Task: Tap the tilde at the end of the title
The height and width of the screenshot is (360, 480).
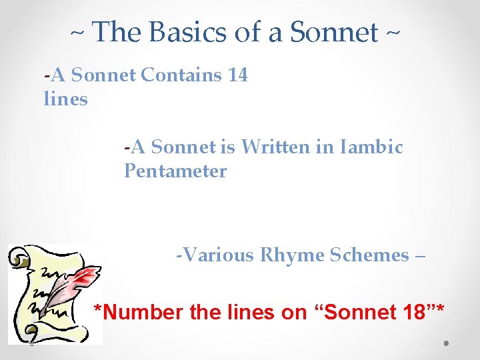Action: coord(392,31)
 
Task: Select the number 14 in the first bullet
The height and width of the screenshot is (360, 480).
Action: coord(237,75)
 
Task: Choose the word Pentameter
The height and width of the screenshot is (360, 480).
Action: coord(175,171)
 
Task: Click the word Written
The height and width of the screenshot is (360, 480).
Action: coord(273,147)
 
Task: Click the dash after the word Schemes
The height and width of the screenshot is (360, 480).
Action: coord(419,255)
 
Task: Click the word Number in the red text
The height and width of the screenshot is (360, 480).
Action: coord(145,311)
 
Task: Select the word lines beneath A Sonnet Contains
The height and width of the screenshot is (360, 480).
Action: coord(65,99)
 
